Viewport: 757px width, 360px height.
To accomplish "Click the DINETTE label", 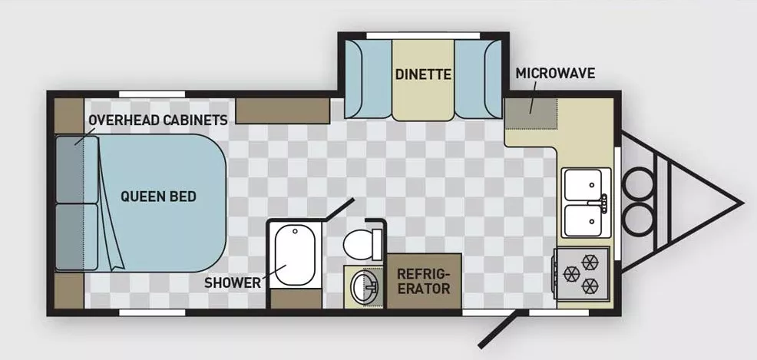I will click(422, 74).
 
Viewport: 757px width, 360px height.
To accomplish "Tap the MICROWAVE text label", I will click(555, 74).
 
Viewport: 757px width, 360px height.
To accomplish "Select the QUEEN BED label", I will click(158, 197).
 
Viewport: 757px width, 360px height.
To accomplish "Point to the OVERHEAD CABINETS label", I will click(157, 121).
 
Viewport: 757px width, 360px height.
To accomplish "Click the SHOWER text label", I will click(233, 282).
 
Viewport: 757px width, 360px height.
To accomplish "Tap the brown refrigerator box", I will click(423, 281).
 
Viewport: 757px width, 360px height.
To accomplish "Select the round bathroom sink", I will click(363, 289).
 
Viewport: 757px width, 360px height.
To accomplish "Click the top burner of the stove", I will click(590, 261).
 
